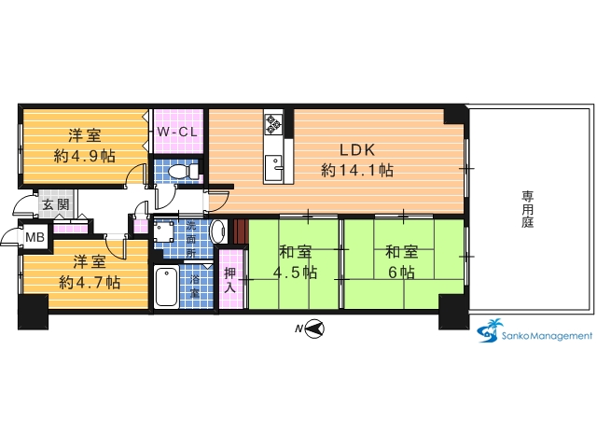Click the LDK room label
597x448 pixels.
357,149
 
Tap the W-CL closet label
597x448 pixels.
177,132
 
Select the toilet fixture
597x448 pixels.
183,171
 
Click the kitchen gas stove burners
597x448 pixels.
273,124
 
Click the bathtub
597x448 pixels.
167,287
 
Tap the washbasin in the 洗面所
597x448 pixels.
218,231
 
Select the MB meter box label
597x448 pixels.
35,237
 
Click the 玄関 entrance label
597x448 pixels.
56,205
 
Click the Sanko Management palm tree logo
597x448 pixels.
490,329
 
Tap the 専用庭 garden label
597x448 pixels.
527,209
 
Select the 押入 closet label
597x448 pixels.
230,280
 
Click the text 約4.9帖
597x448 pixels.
85,156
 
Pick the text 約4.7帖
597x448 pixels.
90,282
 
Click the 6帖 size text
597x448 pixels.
401,273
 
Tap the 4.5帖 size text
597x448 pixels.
295,273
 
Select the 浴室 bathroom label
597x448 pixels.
195,287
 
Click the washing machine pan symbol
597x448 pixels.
164,232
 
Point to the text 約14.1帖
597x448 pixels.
357,170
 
